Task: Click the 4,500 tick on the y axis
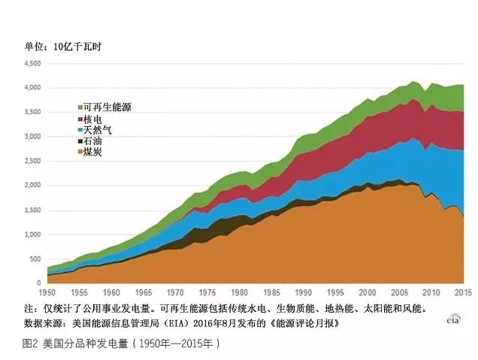(x=32, y=64)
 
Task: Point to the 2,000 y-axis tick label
(x=32, y=186)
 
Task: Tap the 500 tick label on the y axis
(x=35, y=259)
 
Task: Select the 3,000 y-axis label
(x=32, y=137)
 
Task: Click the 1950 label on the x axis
(x=47, y=293)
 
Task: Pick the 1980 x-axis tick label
(x=239, y=293)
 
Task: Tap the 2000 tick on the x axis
(x=368, y=293)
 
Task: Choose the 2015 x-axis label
(x=463, y=293)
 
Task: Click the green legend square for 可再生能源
(x=80, y=108)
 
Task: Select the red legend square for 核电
(x=80, y=119)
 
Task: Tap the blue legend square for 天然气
(x=80, y=131)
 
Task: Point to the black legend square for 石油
(x=80, y=141)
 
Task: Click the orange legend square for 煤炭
(x=80, y=153)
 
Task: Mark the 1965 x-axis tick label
(x=143, y=293)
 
